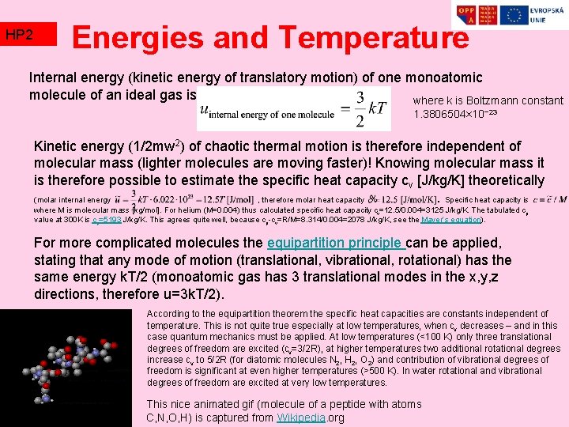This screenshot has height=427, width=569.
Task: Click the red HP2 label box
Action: point(28,34)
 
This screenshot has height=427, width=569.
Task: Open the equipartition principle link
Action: point(336,243)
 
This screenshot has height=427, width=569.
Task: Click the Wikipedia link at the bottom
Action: point(301,418)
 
